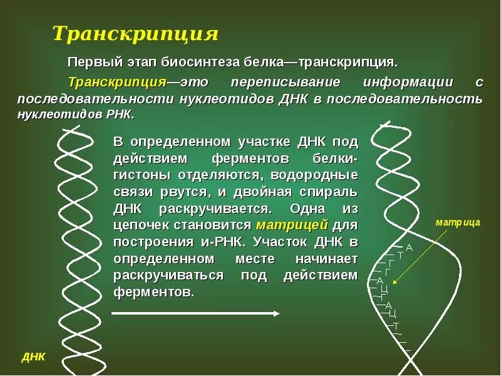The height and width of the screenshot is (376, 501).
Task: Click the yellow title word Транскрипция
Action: click(x=135, y=34)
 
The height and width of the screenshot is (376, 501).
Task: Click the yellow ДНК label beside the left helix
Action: click(x=33, y=357)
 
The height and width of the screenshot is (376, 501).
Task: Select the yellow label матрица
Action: click(x=458, y=222)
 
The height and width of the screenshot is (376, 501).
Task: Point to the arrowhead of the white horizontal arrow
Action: click(x=276, y=313)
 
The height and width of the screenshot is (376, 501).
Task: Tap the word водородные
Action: click(x=326, y=174)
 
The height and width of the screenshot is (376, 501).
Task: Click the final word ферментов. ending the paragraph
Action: click(x=154, y=292)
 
